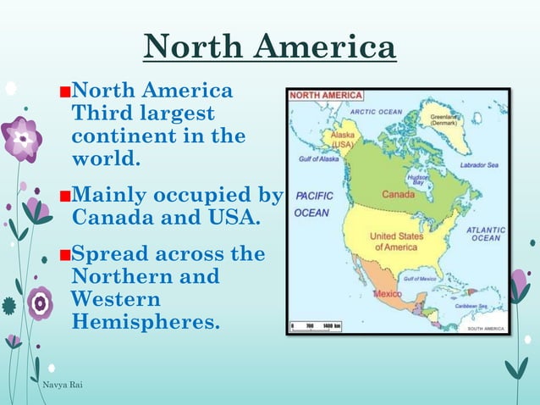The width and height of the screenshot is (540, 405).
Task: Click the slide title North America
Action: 269,47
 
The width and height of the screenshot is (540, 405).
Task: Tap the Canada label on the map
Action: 398,195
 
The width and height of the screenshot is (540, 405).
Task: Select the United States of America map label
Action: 395,241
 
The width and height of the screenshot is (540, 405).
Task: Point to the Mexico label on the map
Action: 388,293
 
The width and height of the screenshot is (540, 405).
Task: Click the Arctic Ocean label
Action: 376,112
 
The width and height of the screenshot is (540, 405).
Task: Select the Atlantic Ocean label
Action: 486,233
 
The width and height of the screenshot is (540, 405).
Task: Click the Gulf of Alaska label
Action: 319,159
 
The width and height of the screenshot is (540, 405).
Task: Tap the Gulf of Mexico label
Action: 420,279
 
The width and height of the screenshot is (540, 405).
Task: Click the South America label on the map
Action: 482,328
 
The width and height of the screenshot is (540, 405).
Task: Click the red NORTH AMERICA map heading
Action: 326,96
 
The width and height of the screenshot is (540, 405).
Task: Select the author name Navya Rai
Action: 62,386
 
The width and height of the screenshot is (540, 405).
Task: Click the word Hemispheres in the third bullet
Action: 145,322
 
